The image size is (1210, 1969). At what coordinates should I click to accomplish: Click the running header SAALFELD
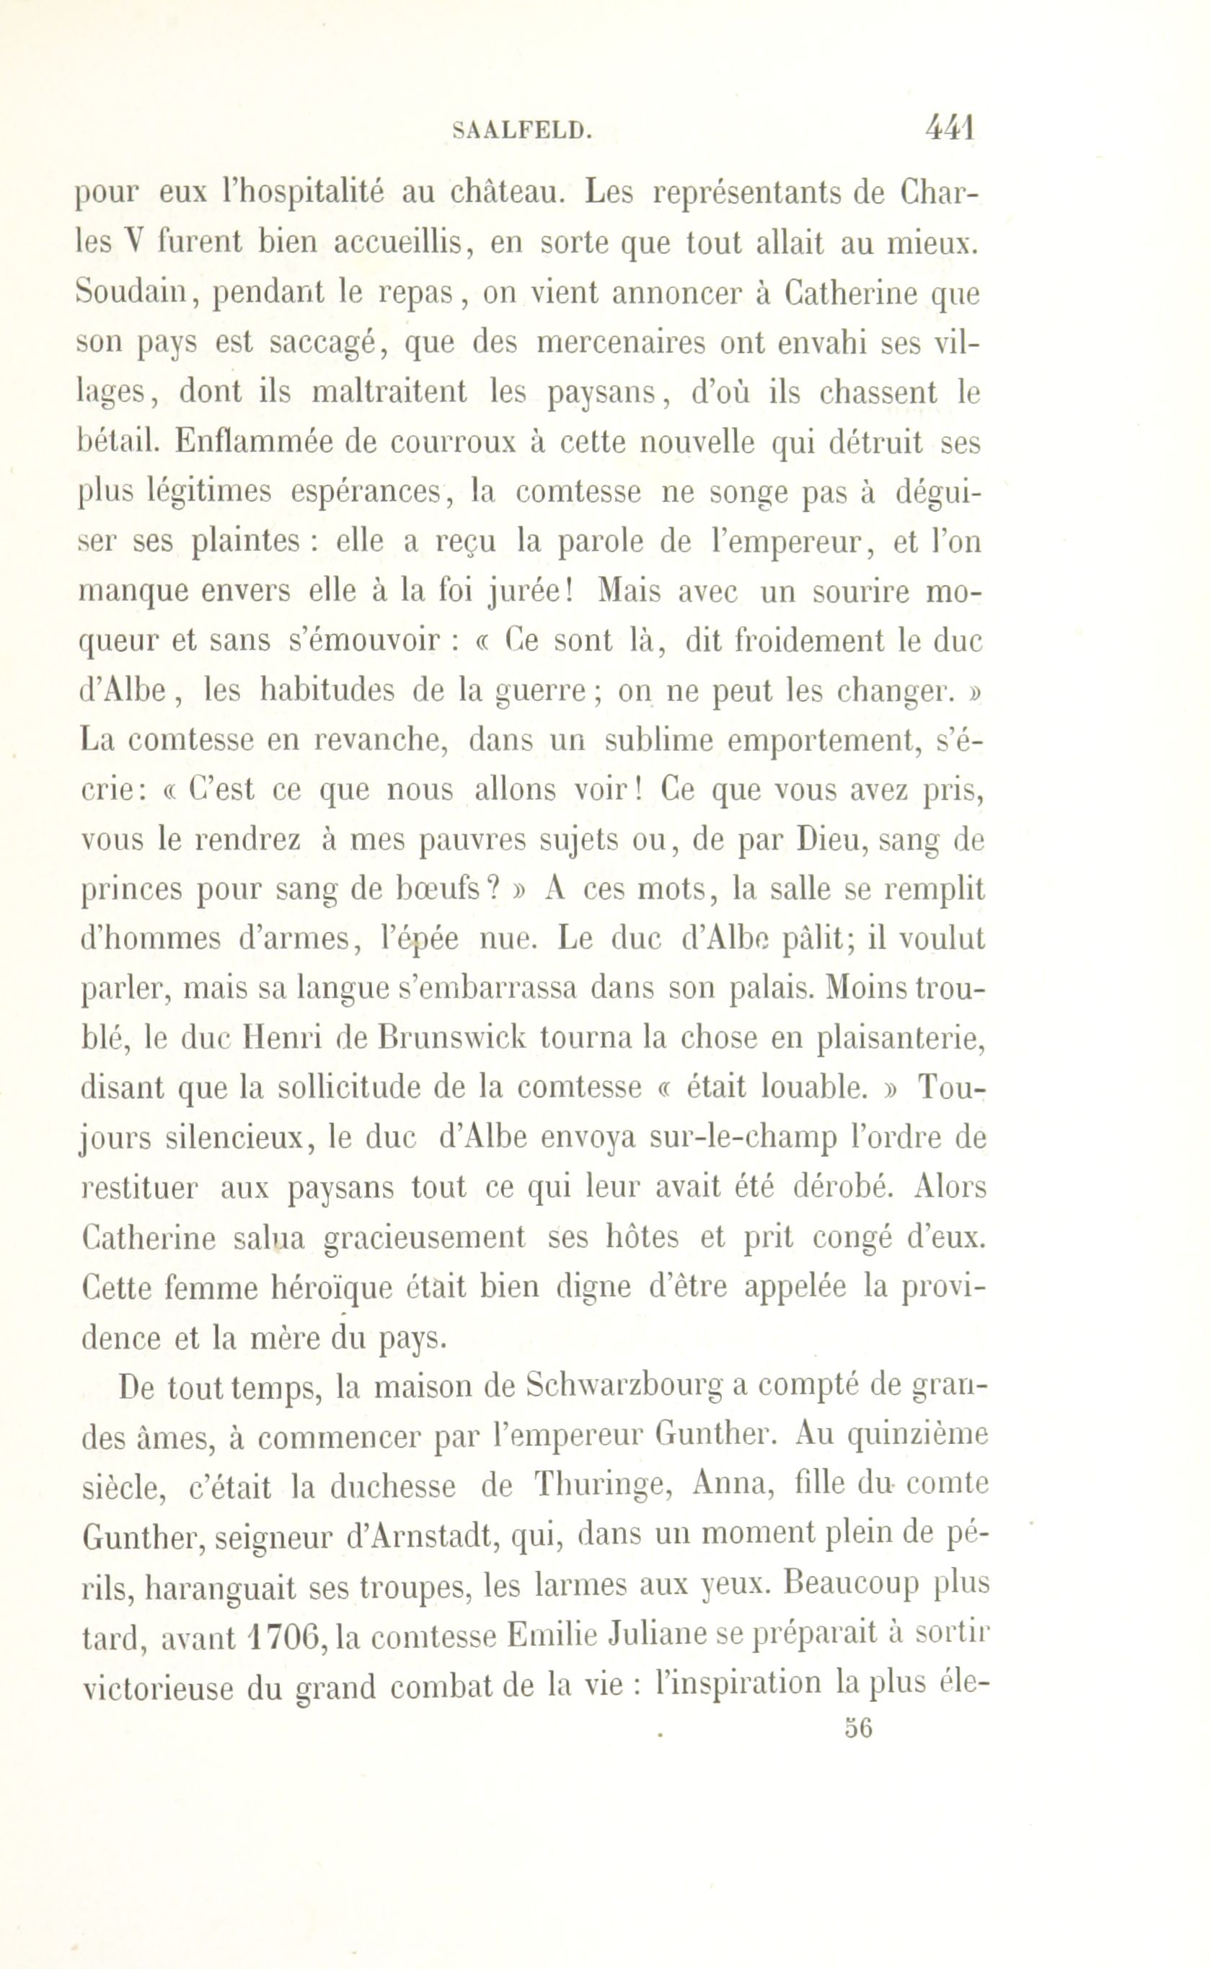coord(522,131)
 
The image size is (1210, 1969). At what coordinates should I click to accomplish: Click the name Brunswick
coord(454,1038)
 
